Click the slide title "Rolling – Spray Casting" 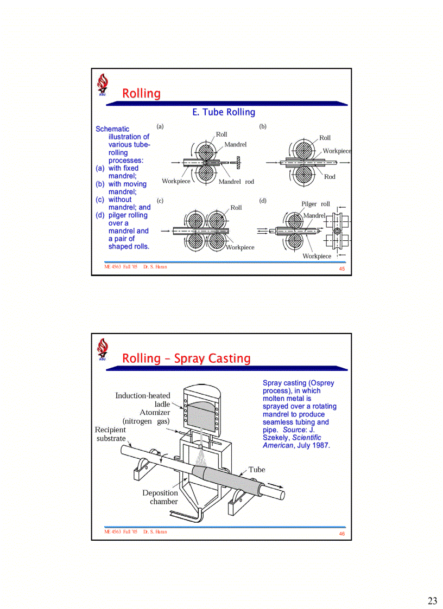click(186, 358)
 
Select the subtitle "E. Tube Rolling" click(224, 112)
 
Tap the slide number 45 click(341, 269)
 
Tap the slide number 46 click(341, 534)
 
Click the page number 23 click(432, 600)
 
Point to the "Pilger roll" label click(315, 204)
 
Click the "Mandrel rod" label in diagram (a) click(236, 182)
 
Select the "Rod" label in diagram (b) click(330, 177)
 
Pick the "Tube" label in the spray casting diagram click(257, 470)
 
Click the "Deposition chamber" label click(161, 497)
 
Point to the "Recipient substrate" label click(111, 434)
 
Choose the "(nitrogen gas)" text click(146, 421)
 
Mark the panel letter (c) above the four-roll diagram click(160, 201)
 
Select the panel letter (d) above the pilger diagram click(263, 201)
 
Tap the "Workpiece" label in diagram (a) click(176, 181)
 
